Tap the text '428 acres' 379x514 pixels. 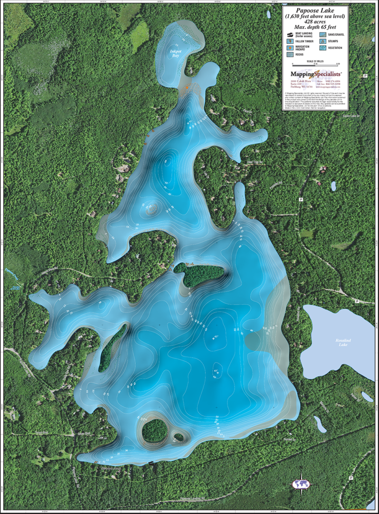tap(315, 22)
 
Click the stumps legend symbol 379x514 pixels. tap(322, 41)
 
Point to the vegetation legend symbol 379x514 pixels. tap(322, 48)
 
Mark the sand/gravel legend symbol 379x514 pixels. tap(322, 35)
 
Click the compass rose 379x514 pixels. tap(301, 484)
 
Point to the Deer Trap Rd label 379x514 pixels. tap(256, 161)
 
